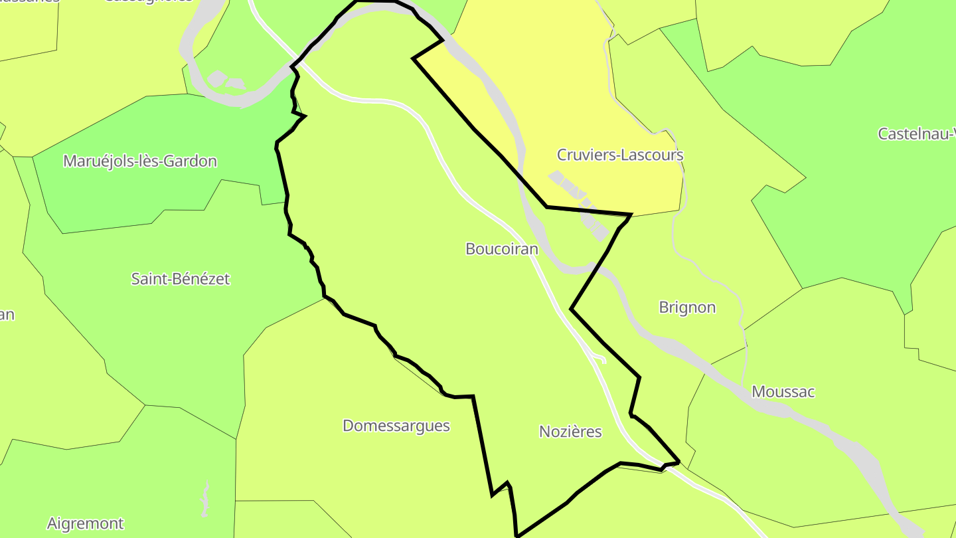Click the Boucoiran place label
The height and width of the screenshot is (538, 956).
click(501, 249)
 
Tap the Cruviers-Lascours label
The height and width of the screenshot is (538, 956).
click(619, 155)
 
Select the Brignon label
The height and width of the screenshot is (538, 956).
click(687, 307)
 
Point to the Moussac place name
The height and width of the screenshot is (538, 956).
click(783, 391)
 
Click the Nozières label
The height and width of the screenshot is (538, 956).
click(570, 432)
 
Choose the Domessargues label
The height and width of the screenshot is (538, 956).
click(396, 426)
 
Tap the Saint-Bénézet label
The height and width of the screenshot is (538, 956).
click(180, 279)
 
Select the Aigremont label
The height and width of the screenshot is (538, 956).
click(85, 523)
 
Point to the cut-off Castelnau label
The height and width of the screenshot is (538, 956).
click(916, 134)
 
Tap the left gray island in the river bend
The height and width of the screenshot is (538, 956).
click(217, 78)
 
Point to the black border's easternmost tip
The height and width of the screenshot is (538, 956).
click(678, 461)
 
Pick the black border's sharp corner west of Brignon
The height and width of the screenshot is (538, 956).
click(572, 309)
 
